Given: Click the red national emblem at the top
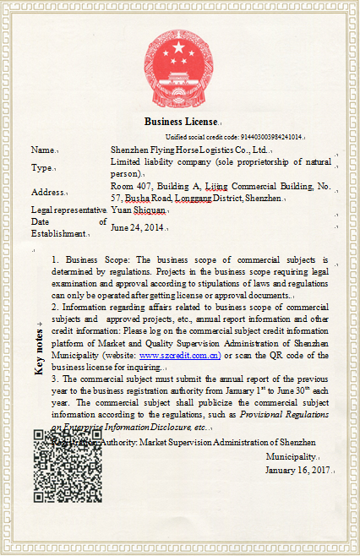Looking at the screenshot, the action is coord(179,60).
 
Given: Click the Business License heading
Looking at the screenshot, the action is coord(180,122).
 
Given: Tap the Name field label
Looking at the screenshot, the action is coord(41,150).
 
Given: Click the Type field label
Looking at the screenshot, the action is coord(41,167).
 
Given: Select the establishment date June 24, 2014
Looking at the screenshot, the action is coord(138,227).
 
